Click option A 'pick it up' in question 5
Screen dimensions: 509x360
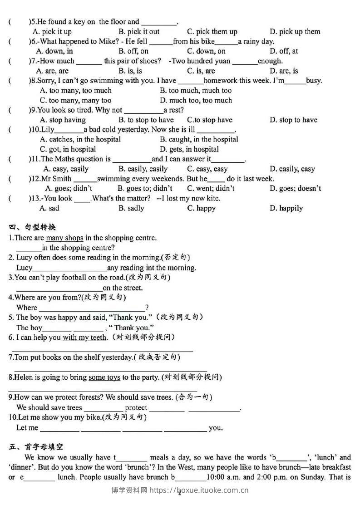point(52,32)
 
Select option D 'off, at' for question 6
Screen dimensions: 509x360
point(284,51)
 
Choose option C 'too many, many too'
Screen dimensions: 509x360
point(75,100)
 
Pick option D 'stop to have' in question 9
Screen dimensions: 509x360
point(293,120)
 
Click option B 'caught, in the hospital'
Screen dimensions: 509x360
point(199,139)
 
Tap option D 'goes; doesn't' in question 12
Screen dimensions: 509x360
point(295,188)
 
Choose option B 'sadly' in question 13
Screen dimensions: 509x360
point(131,208)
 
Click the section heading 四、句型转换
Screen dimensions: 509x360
point(32,227)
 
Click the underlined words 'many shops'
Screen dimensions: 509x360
point(65,238)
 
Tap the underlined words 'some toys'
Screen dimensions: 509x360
point(104,377)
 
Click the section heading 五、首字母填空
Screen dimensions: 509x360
point(36,447)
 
